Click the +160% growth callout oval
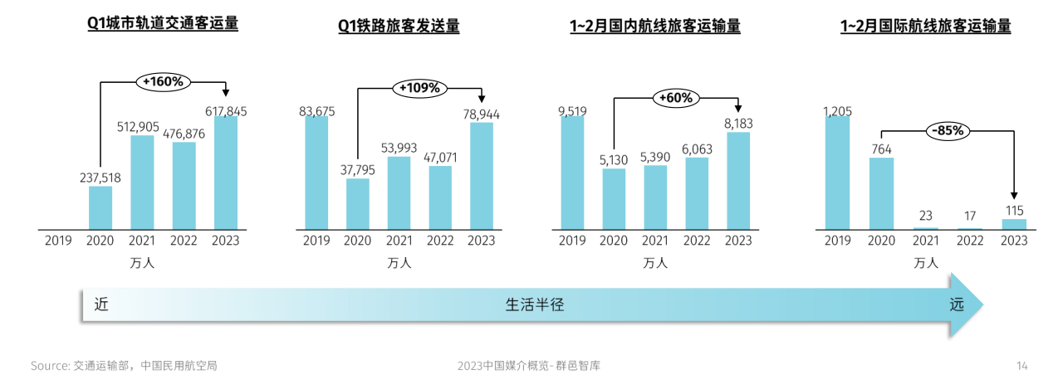[164, 81]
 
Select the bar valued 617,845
[225, 173]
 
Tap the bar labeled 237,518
[100, 207]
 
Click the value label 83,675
[316, 111]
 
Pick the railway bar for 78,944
[482, 176]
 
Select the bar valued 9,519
[572, 173]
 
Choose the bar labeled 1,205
[837, 173]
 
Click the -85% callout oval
[948, 130]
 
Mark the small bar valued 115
[1014, 224]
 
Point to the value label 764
[882, 147]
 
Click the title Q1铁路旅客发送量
[399, 27]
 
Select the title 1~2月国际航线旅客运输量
[925, 27]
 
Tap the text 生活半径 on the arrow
[535, 304]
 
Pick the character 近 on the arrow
[101, 304]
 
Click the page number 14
[1022, 365]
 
